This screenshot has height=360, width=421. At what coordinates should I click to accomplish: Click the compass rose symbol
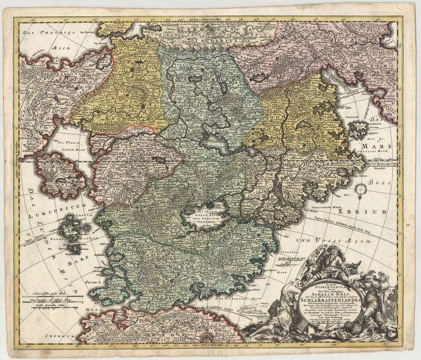[362, 190]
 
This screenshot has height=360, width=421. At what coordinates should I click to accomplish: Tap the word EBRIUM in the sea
[363, 212]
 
